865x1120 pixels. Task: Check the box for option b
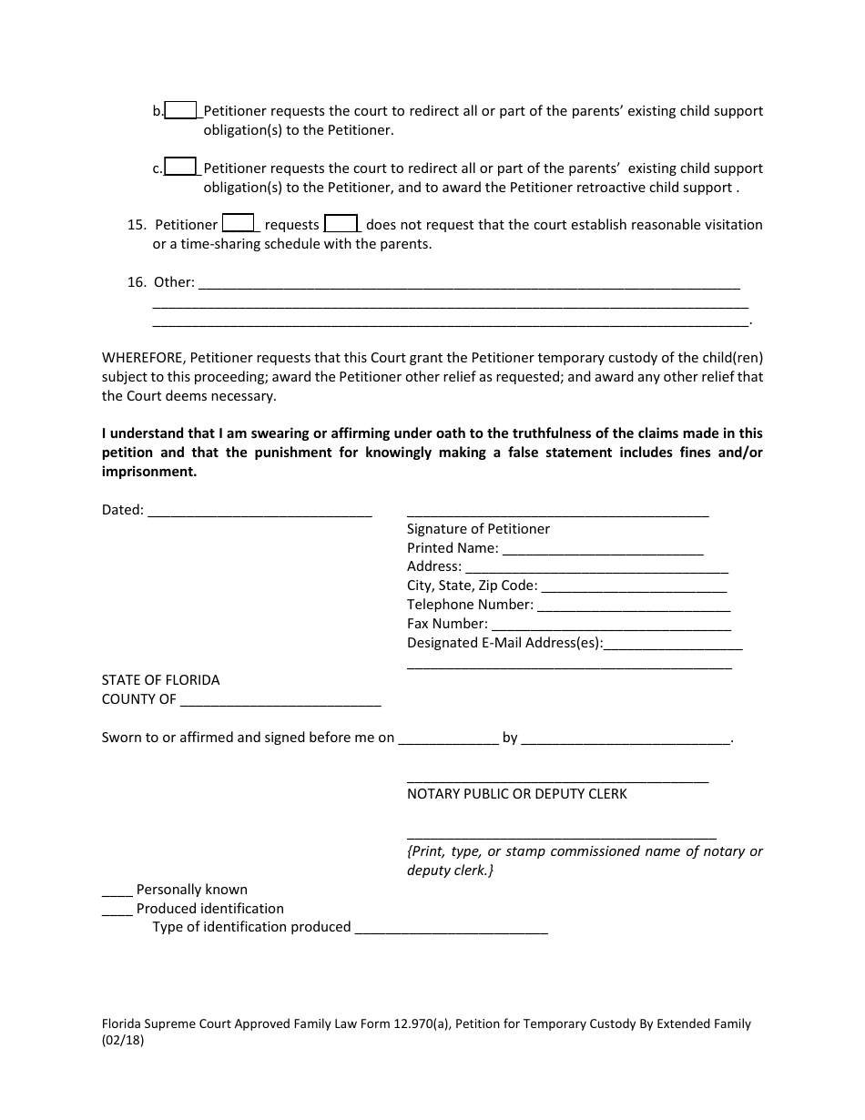pos(181,110)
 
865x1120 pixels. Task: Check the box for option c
pos(181,167)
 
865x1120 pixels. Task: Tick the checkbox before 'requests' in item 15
pos(238,223)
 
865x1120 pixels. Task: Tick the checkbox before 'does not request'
pos(341,223)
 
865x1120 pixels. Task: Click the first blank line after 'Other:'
pos(468,283)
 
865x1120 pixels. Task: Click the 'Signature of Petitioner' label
pos(478,529)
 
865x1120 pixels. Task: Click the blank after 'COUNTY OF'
pos(280,701)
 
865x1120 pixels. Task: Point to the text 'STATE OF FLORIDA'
pos(160,680)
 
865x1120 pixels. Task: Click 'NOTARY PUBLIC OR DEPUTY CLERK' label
pos(516,794)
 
